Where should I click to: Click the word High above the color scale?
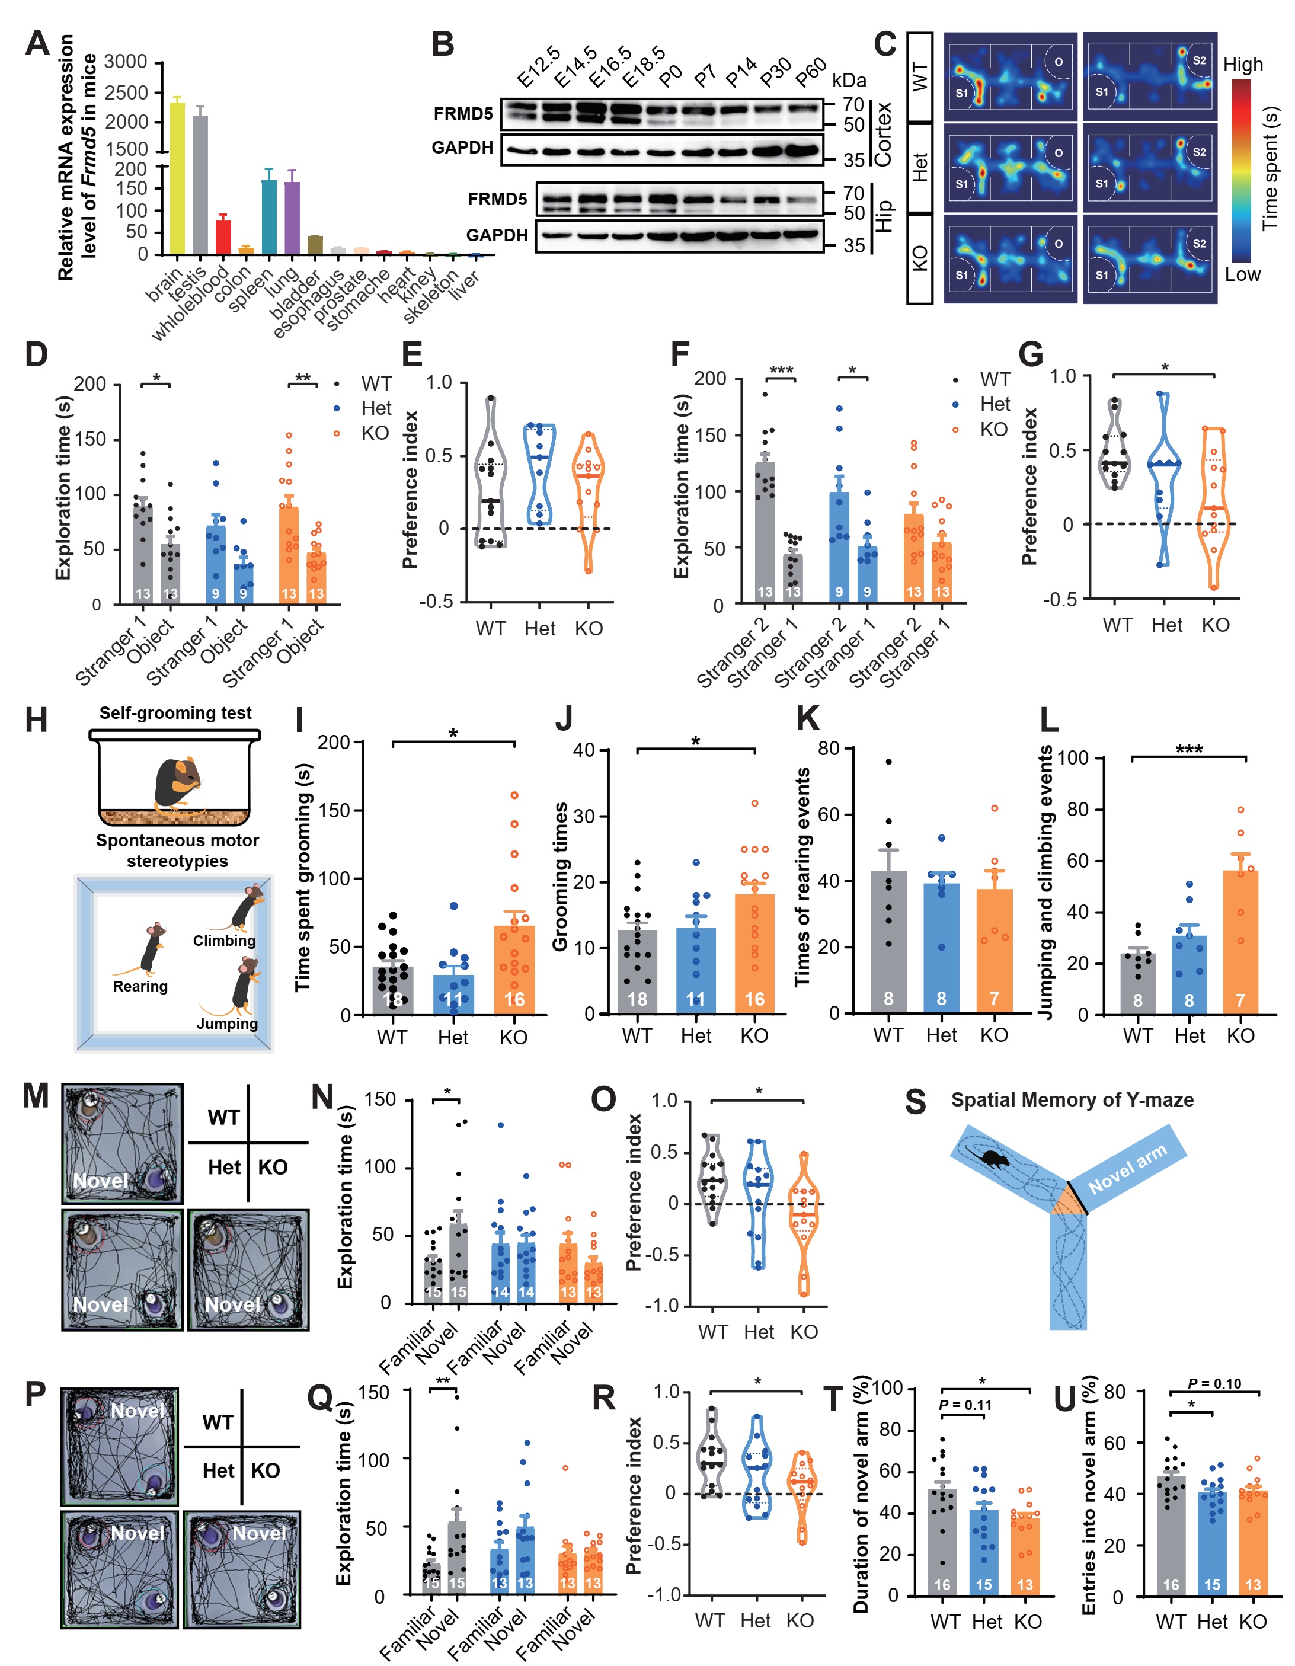point(1242,65)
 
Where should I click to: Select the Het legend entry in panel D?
point(376,408)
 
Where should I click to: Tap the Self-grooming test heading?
point(175,712)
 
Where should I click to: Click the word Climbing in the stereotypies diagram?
point(223,941)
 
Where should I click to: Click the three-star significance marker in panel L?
point(1188,750)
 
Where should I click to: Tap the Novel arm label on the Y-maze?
point(1127,1169)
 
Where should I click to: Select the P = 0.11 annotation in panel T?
point(965,1405)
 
